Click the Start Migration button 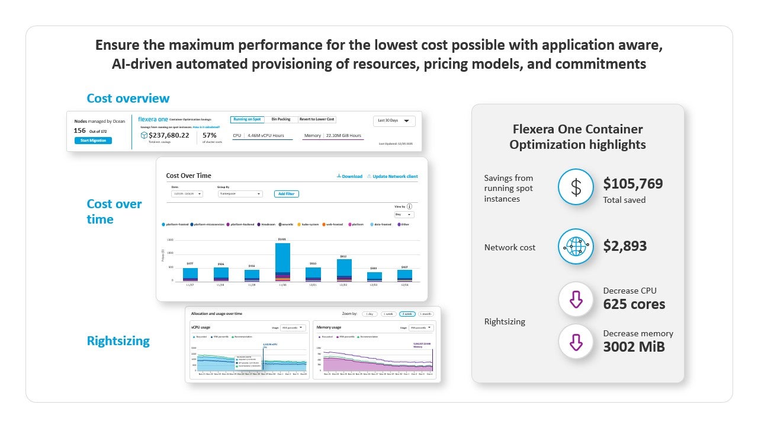[x=93, y=141]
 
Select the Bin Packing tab [x=281, y=119]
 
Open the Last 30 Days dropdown [x=394, y=120]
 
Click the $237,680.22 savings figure [x=169, y=135]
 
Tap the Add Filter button [x=287, y=194]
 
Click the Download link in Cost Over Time [x=349, y=176]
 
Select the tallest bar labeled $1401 [x=283, y=261]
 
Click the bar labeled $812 [x=344, y=269]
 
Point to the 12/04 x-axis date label [x=405, y=285]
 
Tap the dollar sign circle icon [x=576, y=187]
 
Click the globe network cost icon [x=576, y=246]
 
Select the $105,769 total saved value [x=633, y=184]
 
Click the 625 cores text [x=634, y=304]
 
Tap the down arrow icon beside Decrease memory [x=576, y=342]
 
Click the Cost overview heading [x=128, y=98]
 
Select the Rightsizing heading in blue [x=118, y=340]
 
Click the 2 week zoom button [x=407, y=313]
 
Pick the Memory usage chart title [x=329, y=327]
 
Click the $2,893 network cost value [x=625, y=246]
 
